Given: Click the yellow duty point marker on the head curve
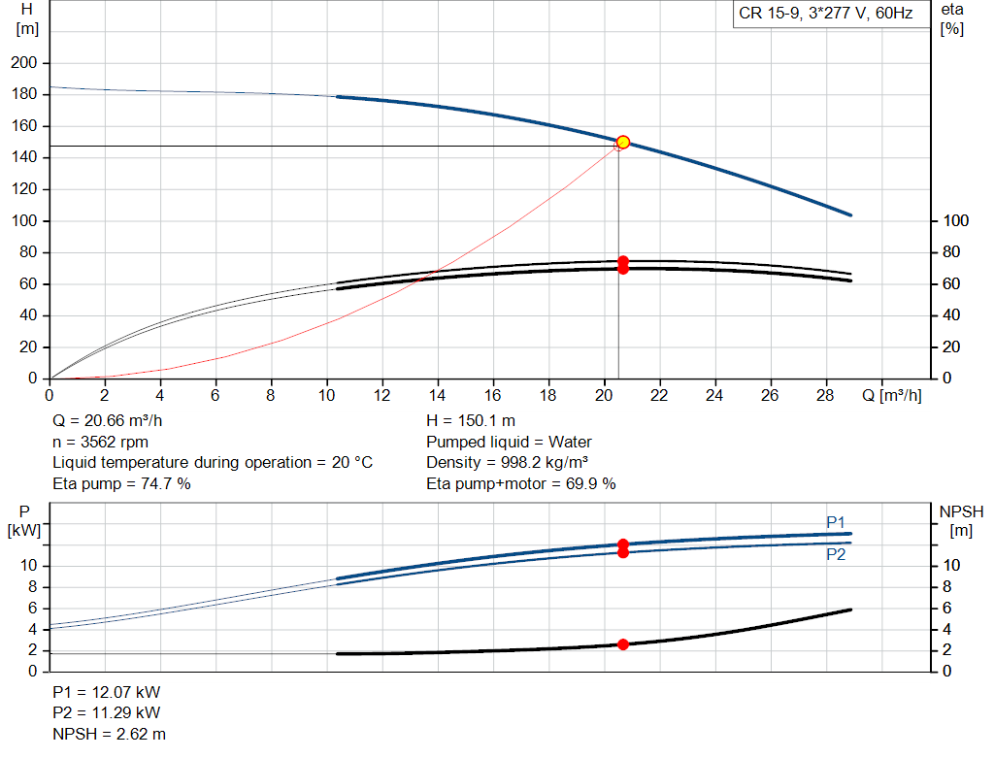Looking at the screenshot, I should [623, 142].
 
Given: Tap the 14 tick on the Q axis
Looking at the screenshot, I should [438, 395].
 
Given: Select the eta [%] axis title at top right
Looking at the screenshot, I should [951, 18].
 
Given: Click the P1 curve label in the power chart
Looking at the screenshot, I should [836, 522].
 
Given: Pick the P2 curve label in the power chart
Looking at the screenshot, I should [836, 554].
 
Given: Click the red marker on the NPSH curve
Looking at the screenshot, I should [623, 644].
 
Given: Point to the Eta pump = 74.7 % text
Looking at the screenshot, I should [121, 483].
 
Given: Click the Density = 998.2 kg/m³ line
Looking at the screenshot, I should [508, 463].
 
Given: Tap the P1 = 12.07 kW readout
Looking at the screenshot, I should [107, 693].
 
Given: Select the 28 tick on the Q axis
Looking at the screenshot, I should [826, 395].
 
